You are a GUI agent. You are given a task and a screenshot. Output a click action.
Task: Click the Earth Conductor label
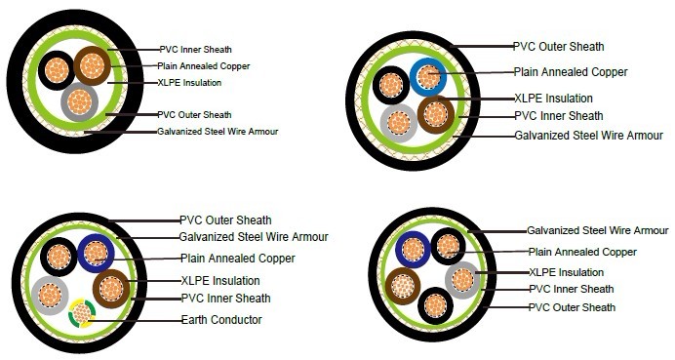220,319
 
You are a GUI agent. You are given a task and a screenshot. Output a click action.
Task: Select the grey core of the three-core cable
79,100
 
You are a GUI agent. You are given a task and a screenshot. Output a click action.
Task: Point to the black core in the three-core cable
57,69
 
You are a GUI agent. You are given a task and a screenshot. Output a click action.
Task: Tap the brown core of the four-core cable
436,114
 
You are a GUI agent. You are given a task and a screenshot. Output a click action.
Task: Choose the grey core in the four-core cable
399,121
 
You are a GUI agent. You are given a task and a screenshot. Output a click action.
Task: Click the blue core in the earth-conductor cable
96,253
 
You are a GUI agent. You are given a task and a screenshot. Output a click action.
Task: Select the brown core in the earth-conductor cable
111,289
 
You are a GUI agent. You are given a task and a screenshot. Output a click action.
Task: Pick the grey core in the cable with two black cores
462,280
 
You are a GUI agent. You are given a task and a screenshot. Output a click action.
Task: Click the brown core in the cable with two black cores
402,286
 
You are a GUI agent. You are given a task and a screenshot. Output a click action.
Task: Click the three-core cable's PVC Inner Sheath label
195,49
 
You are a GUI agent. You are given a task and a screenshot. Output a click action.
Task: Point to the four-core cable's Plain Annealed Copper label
570,71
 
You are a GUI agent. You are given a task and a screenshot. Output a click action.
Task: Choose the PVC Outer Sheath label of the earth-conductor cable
225,220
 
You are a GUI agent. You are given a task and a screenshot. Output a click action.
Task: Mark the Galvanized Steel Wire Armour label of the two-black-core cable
597,231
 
